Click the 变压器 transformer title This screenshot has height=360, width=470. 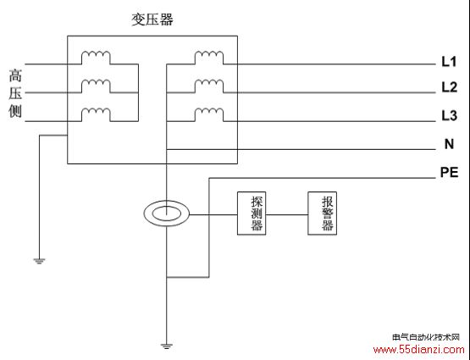tap(152, 19)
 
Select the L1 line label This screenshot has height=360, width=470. tap(449, 62)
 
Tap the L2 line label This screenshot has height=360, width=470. tap(449, 87)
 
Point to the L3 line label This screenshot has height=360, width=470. tap(449, 115)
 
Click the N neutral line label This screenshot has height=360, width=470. tap(449, 144)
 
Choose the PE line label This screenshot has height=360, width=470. tap(449, 172)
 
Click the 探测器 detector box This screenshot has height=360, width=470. tap(252, 213)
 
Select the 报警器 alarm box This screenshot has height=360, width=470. tap(323, 213)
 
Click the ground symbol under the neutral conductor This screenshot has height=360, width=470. tap(166, 346)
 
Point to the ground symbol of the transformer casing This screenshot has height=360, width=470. tap(39, 261)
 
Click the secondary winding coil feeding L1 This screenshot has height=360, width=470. tap(209, 56)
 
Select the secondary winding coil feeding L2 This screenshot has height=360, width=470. tap(209, 85)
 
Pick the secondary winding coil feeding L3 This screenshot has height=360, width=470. tap(209, 113)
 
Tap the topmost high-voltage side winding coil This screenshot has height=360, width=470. tap(96, 56)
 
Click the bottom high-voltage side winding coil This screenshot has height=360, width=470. tap(96, 113)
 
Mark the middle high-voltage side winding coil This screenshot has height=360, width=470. tap(96, 85)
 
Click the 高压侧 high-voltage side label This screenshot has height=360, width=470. tap(15, 93)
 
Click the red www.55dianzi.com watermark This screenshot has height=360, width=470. tap(418, 350)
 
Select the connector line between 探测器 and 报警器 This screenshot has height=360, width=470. tap(287, 214)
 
